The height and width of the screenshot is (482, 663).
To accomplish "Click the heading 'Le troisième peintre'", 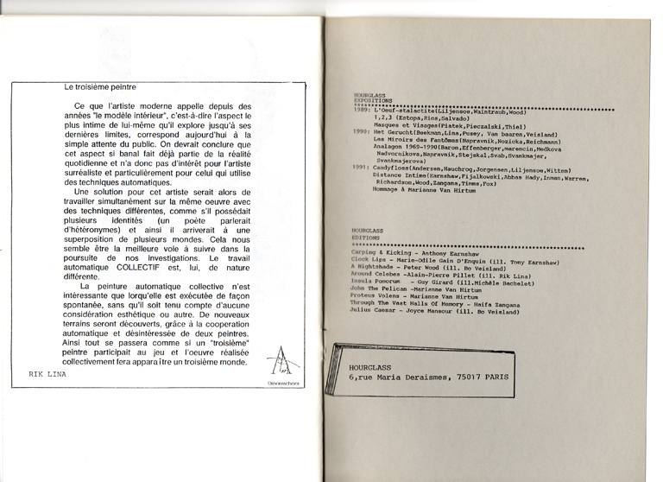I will click(x=100, y=86).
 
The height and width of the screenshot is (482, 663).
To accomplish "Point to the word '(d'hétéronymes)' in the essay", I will click(x=95, y=230).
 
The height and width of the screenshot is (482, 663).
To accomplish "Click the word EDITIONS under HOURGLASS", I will click(x=367, y=238).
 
